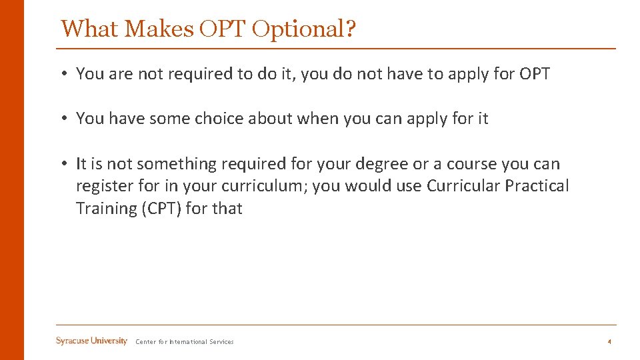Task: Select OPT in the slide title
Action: coord(215,29)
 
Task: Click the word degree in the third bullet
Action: coord(379,164)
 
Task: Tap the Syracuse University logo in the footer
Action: coord(91,341)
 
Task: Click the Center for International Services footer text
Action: coord(185,342)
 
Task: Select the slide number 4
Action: coord(609,342)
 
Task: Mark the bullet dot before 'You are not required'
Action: coord(65,74)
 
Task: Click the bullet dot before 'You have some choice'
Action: coord(65,119)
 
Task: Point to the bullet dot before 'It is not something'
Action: coord(65,165)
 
